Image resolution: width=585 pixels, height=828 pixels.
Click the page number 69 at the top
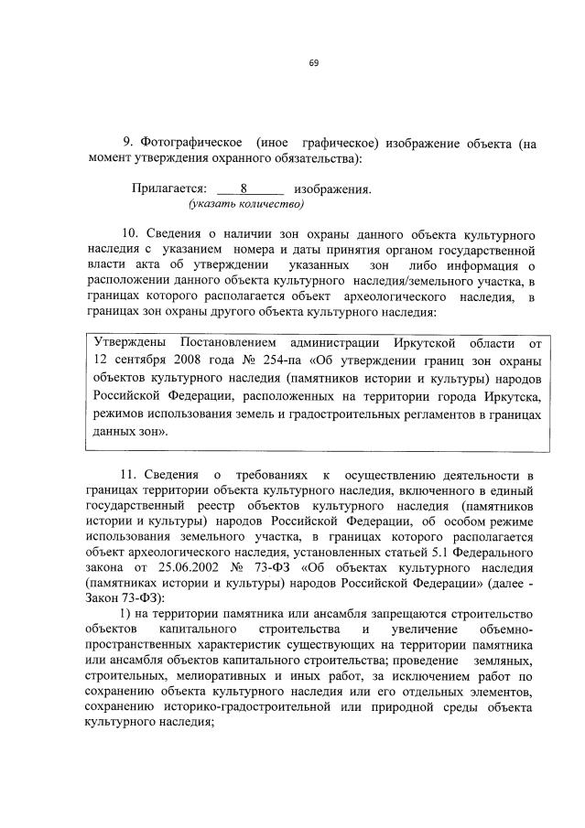coord(313,62)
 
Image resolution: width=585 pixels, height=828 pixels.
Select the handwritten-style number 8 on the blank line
coord(244,188)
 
